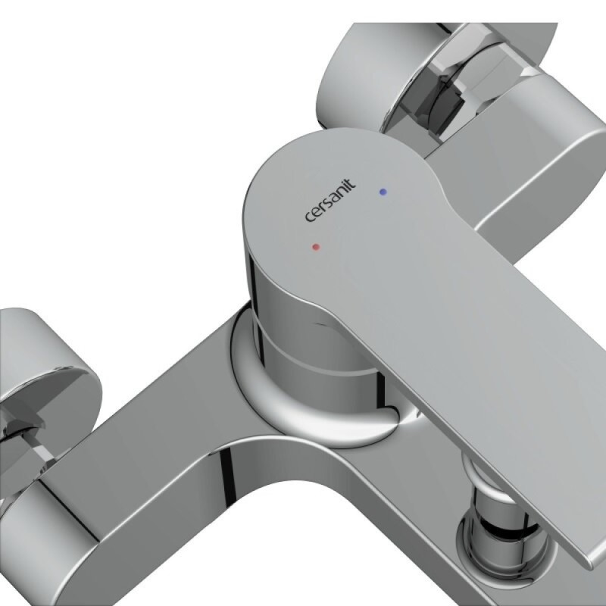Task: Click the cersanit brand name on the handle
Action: (330, 201)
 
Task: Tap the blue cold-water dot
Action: (383, 192)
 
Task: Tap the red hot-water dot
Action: (316, 247)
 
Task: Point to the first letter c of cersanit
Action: (310, 217)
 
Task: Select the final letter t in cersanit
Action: (351, 183)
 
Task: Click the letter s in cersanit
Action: (327, 203)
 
